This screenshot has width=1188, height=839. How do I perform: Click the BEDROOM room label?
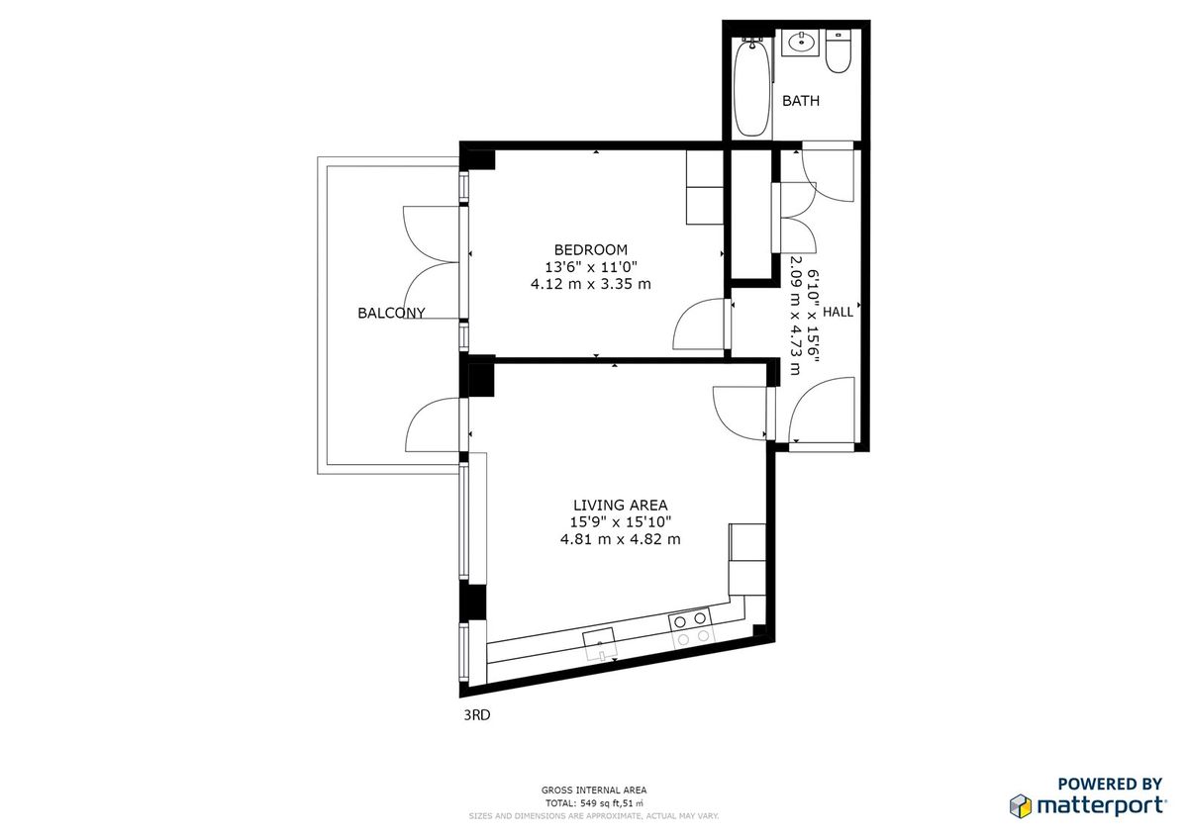tap(590, 249)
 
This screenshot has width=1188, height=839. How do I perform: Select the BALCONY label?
tap(391, 314)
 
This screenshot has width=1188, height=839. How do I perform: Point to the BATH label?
tap(801, 101)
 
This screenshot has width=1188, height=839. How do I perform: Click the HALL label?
tap(839, 312)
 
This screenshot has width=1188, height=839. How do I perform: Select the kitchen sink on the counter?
tap(599, 643)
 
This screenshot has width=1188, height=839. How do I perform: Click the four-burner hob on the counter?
tap(690, 627)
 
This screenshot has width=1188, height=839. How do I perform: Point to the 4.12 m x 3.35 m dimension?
tap(590, 284)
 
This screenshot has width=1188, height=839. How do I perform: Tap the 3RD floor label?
tap(477, 715)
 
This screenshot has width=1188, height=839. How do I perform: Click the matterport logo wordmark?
tap(1099, 805)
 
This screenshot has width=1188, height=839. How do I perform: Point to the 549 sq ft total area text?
tap(594, 803)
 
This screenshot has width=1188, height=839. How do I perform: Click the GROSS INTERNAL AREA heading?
tap(594, 790)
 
